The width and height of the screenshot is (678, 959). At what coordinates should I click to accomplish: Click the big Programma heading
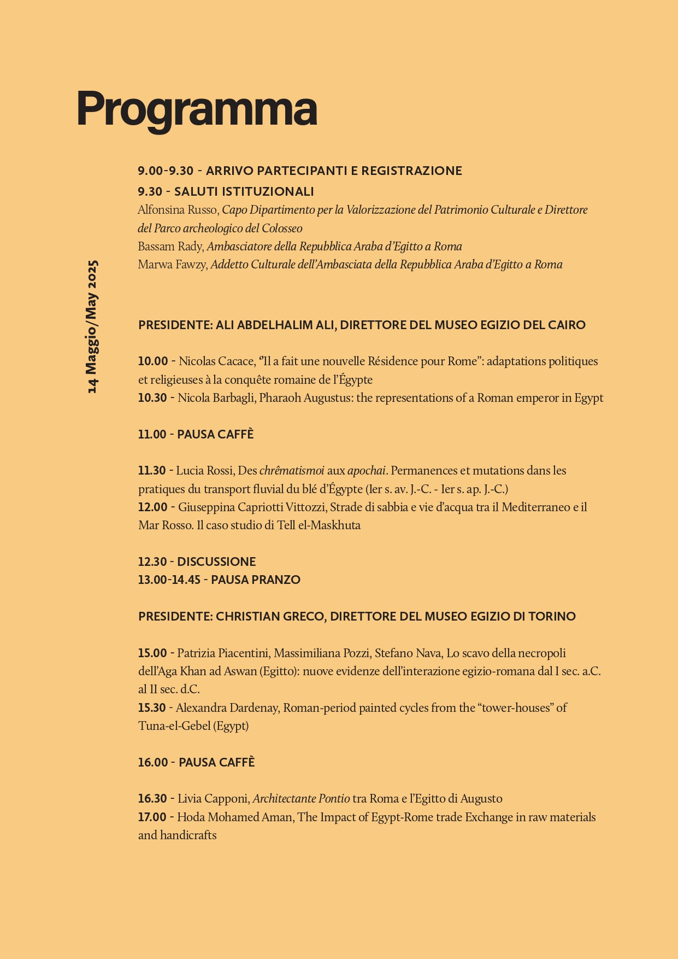pos(197,109)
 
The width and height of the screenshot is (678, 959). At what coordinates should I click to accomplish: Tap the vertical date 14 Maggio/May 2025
pos(92,326)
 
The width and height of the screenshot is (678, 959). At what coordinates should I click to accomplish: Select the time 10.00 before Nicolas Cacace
pos(153,361)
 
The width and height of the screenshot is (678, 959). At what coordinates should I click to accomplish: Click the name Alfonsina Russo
pos(178,210)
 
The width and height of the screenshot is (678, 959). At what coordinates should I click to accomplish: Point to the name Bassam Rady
pos(170,247)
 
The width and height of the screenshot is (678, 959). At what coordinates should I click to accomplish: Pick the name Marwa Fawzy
pos(172,265)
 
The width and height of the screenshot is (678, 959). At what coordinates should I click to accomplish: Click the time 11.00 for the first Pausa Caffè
pos(152,435)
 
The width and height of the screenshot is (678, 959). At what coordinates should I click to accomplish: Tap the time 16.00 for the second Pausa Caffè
pos(152,763)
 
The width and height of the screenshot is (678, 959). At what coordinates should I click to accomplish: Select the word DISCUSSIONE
pos(216,562)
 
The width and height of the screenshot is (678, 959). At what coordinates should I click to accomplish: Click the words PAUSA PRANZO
pos(256,580)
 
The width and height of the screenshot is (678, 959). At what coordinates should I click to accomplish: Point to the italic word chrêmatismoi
pos(292,471)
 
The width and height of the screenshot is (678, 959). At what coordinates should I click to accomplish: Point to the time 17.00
pos(152,817)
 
